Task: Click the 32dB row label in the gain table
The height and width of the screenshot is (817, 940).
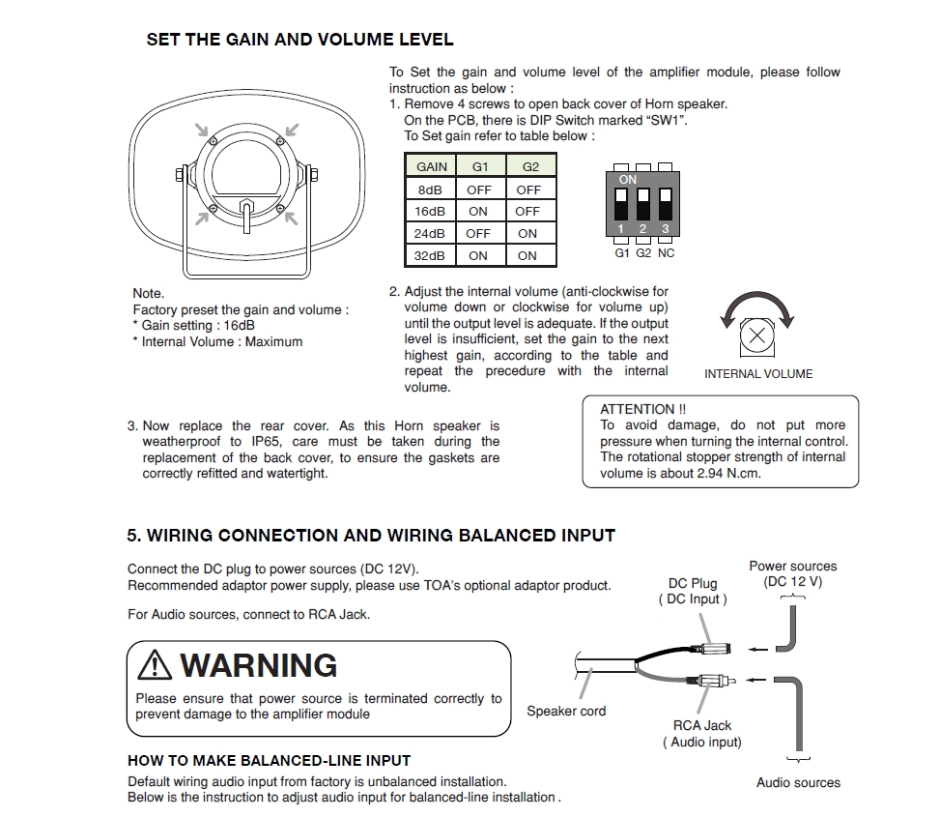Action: [x=431, y=255]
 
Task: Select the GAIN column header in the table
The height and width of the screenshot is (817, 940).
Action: [x=432, y=166]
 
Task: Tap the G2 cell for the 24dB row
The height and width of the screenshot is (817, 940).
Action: [x=527, y=233]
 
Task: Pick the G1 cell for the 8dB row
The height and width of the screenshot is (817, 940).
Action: [x=479, y=190]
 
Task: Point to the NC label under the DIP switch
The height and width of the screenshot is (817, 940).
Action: [x=667, y=252]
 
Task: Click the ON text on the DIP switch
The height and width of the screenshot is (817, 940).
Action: [x=628, y=180]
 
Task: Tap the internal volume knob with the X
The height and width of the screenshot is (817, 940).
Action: [x=758, y=337]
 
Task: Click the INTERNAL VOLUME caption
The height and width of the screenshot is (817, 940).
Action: [x=758, y=374]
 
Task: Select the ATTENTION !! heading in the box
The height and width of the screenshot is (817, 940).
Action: [x=643, y=409]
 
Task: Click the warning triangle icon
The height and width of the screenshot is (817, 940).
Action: [x=155, y=665]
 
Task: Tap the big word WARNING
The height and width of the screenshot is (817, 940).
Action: [x=259, y=665]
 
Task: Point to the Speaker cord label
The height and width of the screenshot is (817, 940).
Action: [x=566, y=711]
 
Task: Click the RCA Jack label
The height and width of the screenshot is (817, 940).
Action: [x=702, y=725]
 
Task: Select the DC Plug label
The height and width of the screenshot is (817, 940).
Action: [x=693, y=583]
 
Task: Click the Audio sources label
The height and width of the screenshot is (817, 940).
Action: [x=798, y=782]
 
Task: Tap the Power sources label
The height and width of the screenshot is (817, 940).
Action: [x=793, y=566]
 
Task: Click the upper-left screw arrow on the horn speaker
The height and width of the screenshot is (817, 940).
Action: [x=201, y=131]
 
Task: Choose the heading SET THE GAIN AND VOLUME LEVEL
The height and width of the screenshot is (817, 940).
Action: [x=299, y=40]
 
